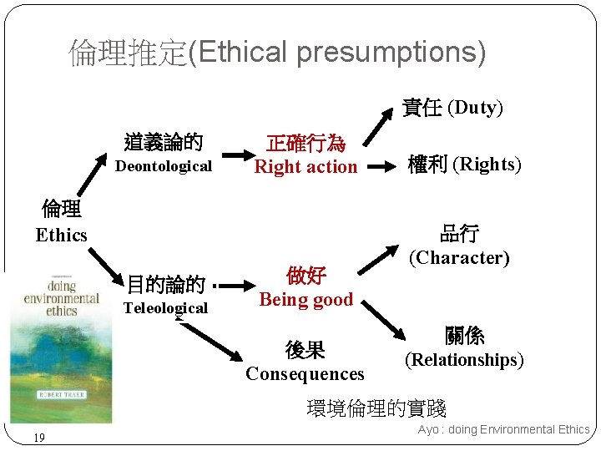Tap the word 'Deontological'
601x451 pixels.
click(164, 166)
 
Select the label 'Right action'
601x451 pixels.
click(306, 167)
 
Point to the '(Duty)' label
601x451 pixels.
click(475, 108)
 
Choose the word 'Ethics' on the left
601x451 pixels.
click(61, 236)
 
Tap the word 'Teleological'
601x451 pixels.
click(165, 308)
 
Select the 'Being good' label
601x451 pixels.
click(306, 299)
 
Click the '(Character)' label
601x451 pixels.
click(459, 257)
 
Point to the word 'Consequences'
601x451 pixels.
click(305, 373)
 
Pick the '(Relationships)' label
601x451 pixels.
click(464, 360)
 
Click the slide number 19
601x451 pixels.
click(39, 437)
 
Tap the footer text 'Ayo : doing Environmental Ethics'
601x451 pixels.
click(503, 429)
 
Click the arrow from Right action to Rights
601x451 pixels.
click(383, 166)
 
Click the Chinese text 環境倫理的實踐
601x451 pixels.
click(376, 408)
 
